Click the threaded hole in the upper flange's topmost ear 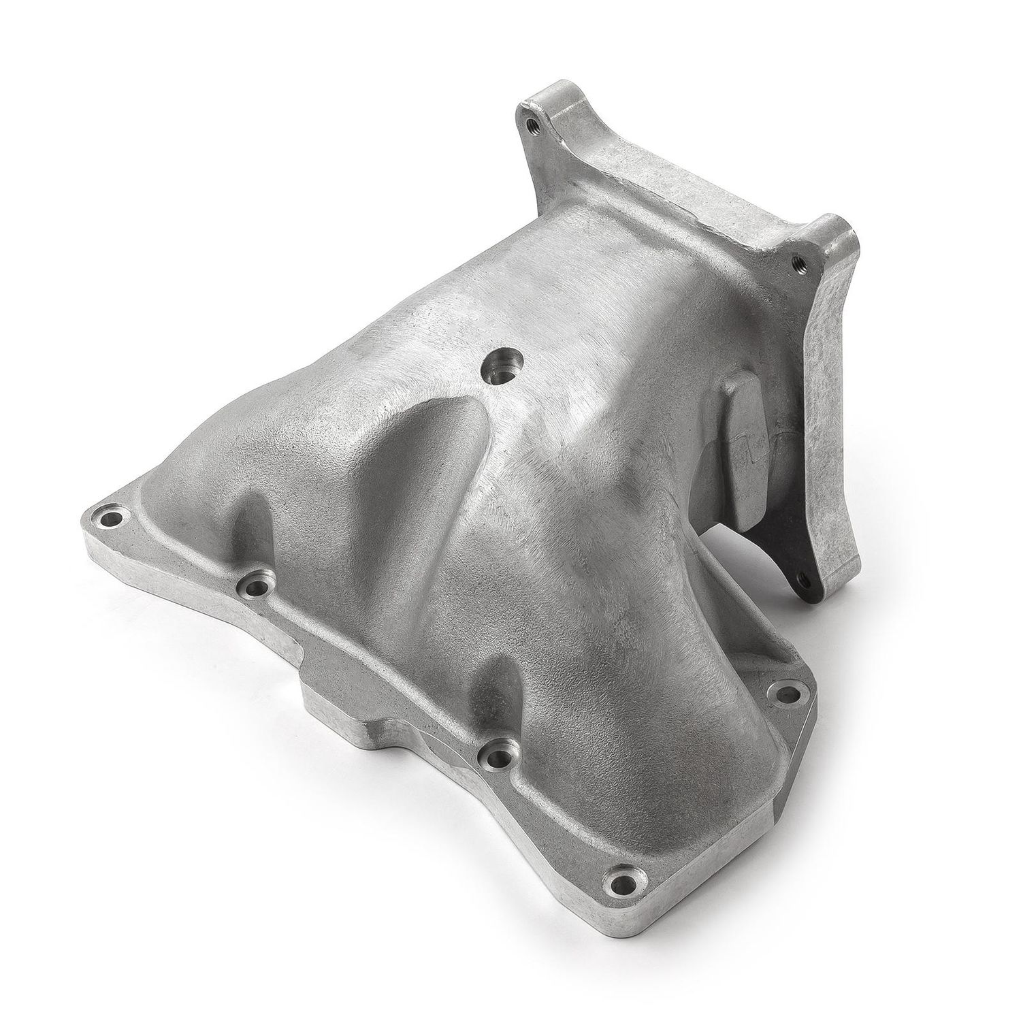pyautogui.click(x=532, y=124)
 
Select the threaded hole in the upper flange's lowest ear pyautogui.click(x=801, y=579)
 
